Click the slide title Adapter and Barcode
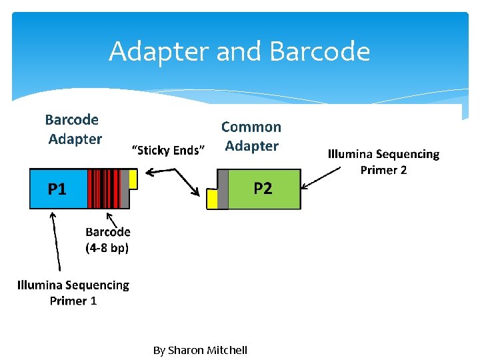[x=239, y=51]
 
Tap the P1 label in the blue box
[x=57, y=189]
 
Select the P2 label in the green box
[x=263, y=189]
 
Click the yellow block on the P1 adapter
[x=133, y=179]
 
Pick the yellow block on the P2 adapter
[x=213, y=199]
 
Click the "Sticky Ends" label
[x=169, y=150]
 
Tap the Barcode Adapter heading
[x=73, y=129]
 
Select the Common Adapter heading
[x=251, y=136]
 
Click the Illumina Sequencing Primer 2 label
[x=383, y=162]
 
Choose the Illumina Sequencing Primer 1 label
[x=73, y=293]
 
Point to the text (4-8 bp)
[x=107, y=248]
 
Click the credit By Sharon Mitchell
[x=200, y=350]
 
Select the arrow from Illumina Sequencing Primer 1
[x=57, y=243]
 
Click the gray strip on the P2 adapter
[x=223, y=189]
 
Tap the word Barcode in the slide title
[x=320, y=51]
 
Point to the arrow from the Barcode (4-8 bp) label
[x=113, y=221]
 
